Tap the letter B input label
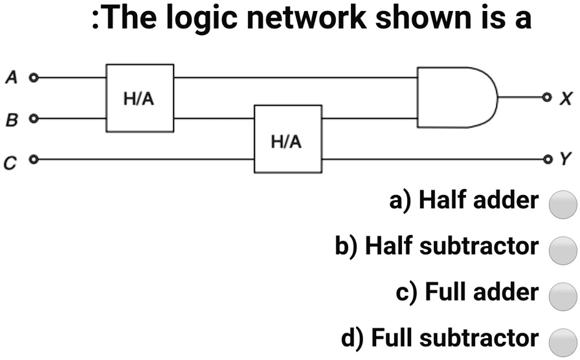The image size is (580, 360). (11, 120)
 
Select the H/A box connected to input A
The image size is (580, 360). (140, 98)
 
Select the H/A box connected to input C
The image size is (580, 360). (287, 139)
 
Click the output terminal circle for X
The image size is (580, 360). (547, 98)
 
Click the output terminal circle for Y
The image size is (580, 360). (547, 159)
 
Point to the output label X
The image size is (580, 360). (566, 98)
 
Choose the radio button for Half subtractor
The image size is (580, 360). (563, 249)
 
